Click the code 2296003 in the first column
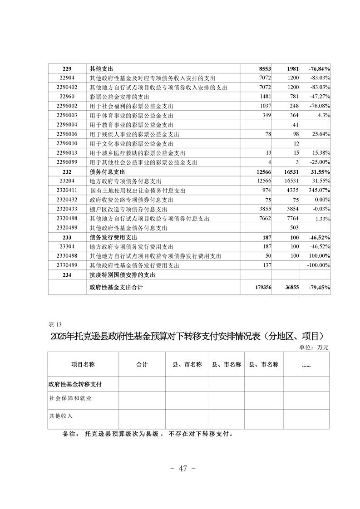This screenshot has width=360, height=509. pyautogui.click(x=67, y=116)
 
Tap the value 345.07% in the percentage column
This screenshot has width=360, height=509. pyautogui.click(x=319, y=191)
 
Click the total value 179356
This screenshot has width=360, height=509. pyautogui.click(x=261, y=287)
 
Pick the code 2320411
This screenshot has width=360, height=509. pyautogui.click(x=67, y=191)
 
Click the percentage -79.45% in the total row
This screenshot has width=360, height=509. pyautogui.click(x=318, y=287)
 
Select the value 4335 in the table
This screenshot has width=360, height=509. pyautogui.click(x=291, y=191)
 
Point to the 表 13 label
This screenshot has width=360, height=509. pyautogui.click(x=54, y=324)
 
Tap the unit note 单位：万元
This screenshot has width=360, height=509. pyautogui.click(x=314, y=347)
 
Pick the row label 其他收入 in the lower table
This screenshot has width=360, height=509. pyautogui.click(x=61, y=416)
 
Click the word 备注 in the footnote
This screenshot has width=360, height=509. pyautogui.click(x=71, y=434)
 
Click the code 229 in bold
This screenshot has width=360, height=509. pyautogui.click(x=67, y=69)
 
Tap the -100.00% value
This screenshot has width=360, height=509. pyautogui.click(x=317, y=265)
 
